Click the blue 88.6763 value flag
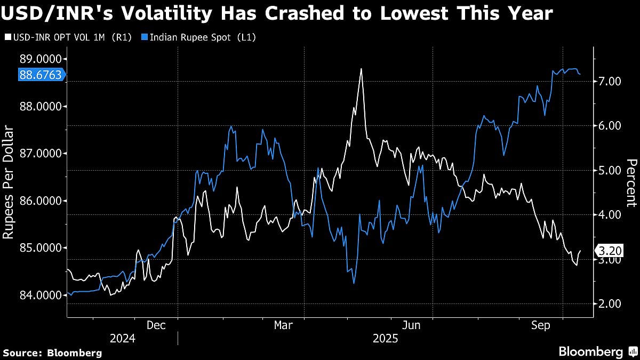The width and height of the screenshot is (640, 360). [40, 75]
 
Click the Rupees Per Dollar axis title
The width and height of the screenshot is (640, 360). [9, 181]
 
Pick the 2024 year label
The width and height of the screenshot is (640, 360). [122, 338]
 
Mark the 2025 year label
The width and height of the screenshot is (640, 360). [385, 338]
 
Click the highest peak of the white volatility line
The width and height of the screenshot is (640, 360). [361, 69]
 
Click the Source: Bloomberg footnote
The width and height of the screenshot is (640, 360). [52, 353]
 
